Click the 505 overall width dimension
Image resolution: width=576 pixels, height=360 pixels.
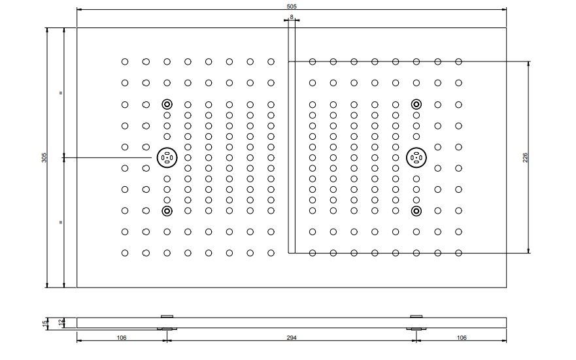[x=292, y=7]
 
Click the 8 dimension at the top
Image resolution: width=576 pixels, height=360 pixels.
[x=292, y=17]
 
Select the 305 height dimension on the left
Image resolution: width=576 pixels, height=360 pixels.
[x=44, y=157]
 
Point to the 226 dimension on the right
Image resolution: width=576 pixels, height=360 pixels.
[x=525, y=157]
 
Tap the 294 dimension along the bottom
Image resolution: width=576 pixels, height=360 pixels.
[x=292, y=338]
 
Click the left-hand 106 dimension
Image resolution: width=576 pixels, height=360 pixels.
[x=122, y=338]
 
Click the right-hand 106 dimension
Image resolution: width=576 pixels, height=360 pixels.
[x=462, y=338]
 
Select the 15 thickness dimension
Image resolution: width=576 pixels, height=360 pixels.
[x=45, y=323]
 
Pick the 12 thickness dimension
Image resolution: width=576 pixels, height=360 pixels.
[x=61, y=323]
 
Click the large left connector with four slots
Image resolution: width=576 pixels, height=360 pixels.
[x=167, y=158]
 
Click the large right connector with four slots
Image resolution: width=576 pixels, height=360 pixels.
[x=416, y=158]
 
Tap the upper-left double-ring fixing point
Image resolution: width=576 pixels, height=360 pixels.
[x=167, y=105]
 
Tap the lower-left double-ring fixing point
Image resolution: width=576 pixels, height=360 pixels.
[x=167, y=211]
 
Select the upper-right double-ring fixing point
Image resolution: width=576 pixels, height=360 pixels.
[x=416, y=105]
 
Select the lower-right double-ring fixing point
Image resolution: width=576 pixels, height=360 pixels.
[x=416, y=211]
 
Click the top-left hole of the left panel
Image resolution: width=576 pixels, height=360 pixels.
[x=125, y=61]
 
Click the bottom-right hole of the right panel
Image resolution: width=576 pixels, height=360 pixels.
[x=458, y=253]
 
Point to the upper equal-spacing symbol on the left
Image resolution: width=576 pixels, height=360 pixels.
[x=61, y=93]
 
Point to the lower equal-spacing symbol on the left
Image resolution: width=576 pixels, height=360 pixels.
[x=61, y=222]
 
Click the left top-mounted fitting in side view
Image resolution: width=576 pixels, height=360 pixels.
[x=167, y=316]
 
